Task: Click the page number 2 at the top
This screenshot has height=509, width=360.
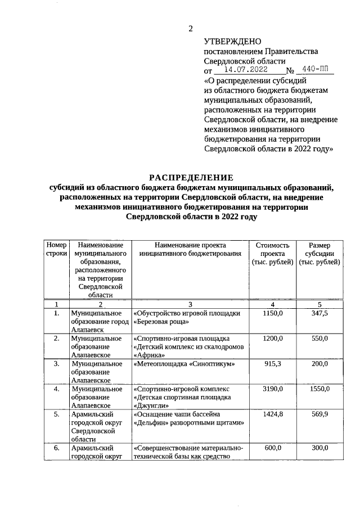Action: coord(190,29)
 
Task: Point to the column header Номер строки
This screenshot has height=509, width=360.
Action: coord(56,250)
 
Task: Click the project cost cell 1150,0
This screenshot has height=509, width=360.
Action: coord(272,313)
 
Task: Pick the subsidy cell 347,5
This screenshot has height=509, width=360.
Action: coord(319,313)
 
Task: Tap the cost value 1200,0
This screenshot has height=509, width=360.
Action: coord(272,338)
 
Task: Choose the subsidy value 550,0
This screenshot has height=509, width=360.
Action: coord(319,338)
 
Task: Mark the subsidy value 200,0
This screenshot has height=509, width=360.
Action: coord(319,363)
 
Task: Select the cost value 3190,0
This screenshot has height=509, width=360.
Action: coord(272,389)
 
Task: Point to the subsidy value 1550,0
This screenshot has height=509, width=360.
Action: coord(319,389)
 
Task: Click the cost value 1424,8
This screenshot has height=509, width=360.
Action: coord(272,414)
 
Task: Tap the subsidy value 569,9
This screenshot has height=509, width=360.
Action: coord(319,414)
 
